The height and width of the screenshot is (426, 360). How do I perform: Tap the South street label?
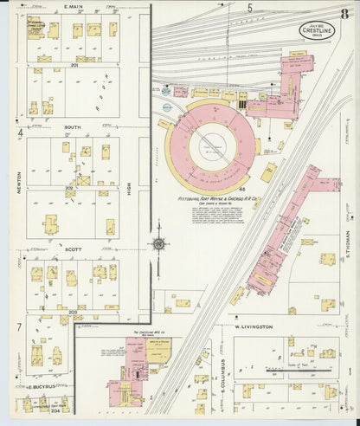74,126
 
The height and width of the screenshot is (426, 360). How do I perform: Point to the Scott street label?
74,248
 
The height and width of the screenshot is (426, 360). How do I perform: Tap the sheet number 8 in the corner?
344,13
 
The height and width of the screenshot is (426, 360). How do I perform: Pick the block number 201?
75,65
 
